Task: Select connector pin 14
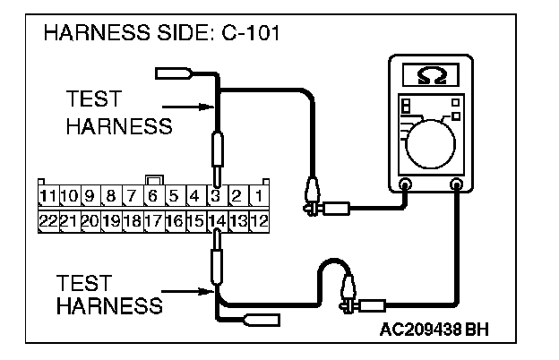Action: click(x=216, y=219)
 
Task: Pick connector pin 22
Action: click(x=47, y=219)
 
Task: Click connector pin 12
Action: click(x=258, y=219)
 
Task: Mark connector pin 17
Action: click(x=153, y=219)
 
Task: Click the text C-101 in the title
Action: click(x=245, y=36)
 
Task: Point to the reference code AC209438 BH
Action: click(x=433, y=330)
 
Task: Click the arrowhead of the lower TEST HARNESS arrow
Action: click(x=210, y=291)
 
